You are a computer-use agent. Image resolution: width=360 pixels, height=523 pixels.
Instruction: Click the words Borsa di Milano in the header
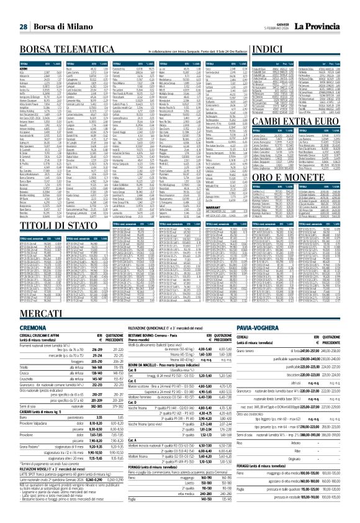58,9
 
